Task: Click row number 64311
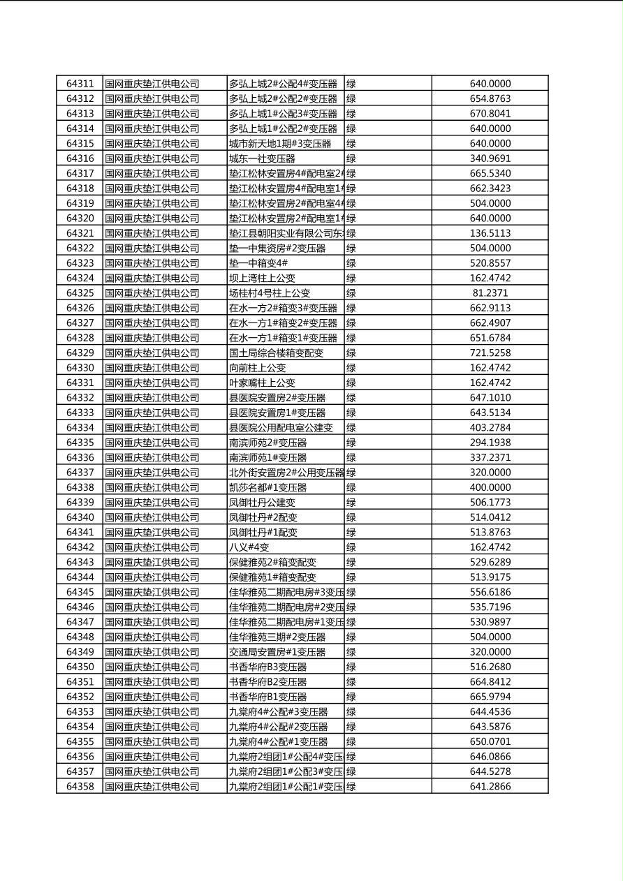click(80, 84)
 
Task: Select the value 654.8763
click(490, 98)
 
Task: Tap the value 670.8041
click(490, 114)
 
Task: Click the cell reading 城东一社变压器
click(262, 158)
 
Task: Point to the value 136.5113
click(490, 233)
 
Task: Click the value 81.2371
click(490, 293)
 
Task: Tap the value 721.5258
click(490, 353)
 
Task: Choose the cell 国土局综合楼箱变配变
click(277, 353)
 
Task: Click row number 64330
click(80, 368)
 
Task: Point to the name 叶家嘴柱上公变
click(262, 383)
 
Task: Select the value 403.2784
click(490, 428)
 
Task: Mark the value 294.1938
click(490, 443)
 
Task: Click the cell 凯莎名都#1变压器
click(267, 487)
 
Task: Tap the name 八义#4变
click(249, 547)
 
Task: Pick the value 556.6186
click(490, 592)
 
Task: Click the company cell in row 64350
click(152, 667)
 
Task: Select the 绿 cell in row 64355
click(351, 741)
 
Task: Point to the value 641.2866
click(490, 787)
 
